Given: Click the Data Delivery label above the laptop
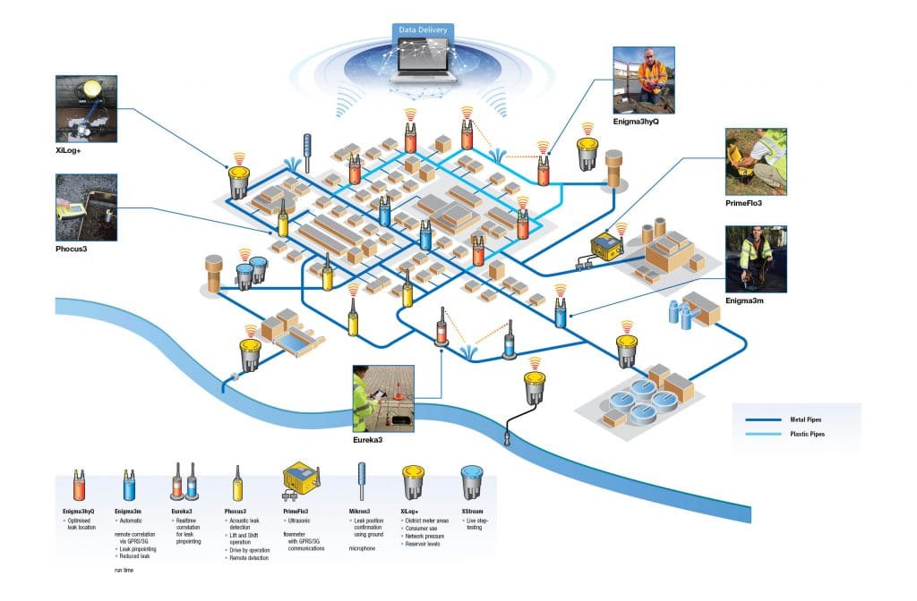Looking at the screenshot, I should click(x=424, y=30).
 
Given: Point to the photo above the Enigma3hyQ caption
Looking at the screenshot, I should click(x=644, y=80).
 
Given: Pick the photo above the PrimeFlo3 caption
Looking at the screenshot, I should click(x=755, y=160).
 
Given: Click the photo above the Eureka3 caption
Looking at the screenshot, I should click(x=383, y=399).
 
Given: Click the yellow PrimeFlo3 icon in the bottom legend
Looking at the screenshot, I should click(x=298, y=483).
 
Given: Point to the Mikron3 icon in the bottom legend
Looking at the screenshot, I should click(x=362, y=483).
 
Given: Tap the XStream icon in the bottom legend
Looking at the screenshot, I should click(x=471, y=484).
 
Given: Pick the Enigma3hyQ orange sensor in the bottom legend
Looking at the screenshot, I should click(x=78, y=484).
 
